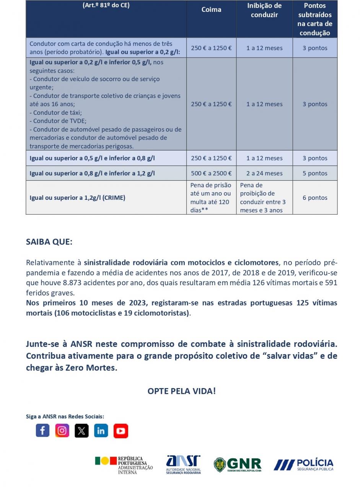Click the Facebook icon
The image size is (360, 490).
pos(42,431)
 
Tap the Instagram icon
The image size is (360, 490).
pos(62,431)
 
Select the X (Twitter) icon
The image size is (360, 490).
pos(81,431)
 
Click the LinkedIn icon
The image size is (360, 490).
pos(101,431)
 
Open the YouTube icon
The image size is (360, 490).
pos(121,431)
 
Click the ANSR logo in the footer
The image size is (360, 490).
pos(183,465)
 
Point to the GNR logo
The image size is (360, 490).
pos(238,465)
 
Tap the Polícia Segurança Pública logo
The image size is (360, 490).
pos(303,465)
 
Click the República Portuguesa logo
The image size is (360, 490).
pos(124,465)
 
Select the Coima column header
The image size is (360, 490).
pos(211,10)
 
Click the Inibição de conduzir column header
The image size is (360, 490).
pos(264,10)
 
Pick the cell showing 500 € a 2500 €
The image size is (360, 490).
pos(211,173)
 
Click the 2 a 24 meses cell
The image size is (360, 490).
pos(264,173)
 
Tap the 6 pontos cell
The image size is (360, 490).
pos(315,198)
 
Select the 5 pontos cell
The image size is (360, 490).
pos(315,173)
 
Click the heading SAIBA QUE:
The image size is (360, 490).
pos(49,242)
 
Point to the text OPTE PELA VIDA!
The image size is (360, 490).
pos(182,391)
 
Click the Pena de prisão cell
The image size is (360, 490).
pos(211,198)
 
